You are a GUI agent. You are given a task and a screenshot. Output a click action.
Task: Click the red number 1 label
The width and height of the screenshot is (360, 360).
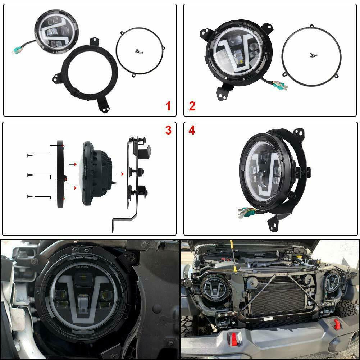point(168,106)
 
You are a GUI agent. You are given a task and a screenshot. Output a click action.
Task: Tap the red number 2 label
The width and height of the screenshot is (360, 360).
point(192,106)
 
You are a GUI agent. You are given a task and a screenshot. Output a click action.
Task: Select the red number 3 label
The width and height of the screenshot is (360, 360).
point(168,131)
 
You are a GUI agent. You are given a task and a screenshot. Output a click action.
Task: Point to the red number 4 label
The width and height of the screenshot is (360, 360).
point(192,131)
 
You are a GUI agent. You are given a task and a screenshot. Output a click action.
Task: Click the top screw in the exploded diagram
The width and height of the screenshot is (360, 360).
point(29,155)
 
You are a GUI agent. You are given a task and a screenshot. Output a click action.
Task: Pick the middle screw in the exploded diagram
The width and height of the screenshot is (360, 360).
point(29,175)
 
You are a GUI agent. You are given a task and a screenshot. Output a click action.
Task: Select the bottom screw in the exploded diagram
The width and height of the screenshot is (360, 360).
point(29,196)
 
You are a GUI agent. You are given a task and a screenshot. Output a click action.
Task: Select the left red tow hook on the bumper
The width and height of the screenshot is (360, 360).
point(234,339)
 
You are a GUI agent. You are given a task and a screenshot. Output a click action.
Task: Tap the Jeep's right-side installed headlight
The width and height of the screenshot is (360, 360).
point(332,282)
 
